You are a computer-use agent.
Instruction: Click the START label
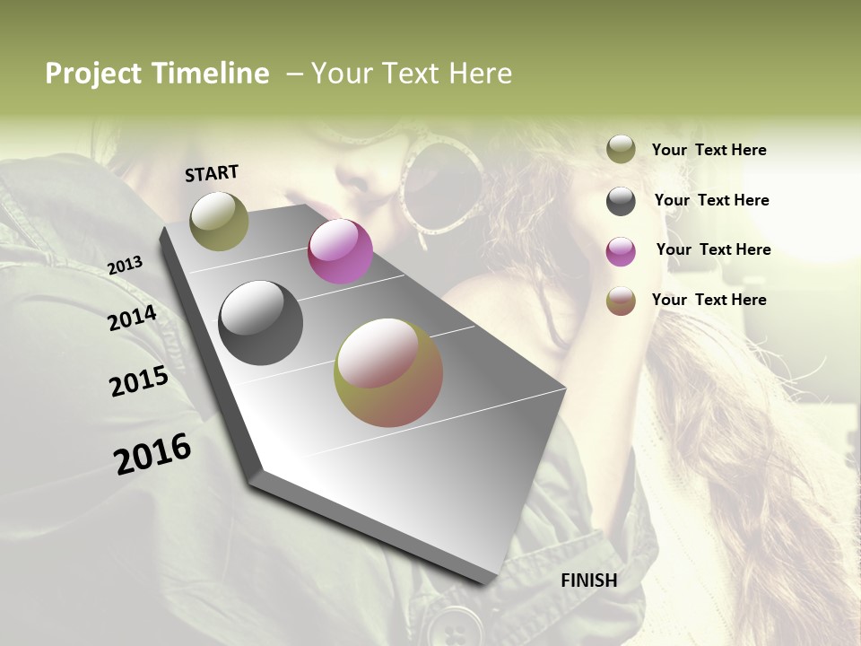[212, 172]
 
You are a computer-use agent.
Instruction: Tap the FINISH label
[588, 581]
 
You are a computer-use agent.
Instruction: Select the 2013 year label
[125, 265]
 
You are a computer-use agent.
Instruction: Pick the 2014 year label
[132, 319]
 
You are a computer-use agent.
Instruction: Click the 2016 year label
[152, 453]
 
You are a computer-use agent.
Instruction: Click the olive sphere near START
[219, 221]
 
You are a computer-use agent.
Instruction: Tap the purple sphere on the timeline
[340, 251]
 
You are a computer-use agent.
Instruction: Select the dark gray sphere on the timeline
[260, 323]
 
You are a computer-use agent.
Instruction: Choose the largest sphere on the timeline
[388, 372]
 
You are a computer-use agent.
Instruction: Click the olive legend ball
[621, 149]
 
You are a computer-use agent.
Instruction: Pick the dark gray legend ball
[621, 201]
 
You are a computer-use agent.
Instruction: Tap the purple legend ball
[621, 251]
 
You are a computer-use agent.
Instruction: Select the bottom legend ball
[621, 301]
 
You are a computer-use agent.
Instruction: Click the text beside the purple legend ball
[713, 249]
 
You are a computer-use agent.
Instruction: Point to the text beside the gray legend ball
[711, 200]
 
